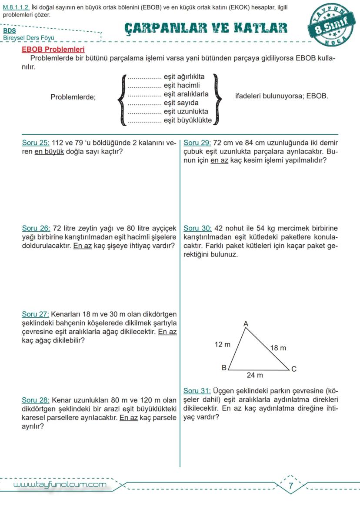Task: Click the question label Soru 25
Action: click(x=36, y=143)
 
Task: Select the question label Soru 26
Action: click(x=36, y=228)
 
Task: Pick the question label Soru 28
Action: click(x=36, y=400)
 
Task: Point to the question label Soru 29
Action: click(x=197, y=143)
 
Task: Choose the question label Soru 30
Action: click(x=197, y=228)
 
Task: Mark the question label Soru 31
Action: click(x=197, y=391)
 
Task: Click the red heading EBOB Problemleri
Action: click(x=53, y=50)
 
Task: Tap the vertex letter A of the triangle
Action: click(x=246, y=323)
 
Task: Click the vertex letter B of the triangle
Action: click(x=224, y=368)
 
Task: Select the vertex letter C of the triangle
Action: click(x=294, y=369)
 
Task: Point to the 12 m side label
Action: click(x=223, y=345)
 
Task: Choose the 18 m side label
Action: click(x=278, y=348)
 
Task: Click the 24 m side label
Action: click(x=255, y=375)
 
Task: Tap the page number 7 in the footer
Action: click(x=291, y=485)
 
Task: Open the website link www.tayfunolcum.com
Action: click(x=60, y=485)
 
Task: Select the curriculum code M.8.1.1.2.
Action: click(x=16, y=7)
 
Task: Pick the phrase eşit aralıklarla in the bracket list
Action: click(x=186, y=94)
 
